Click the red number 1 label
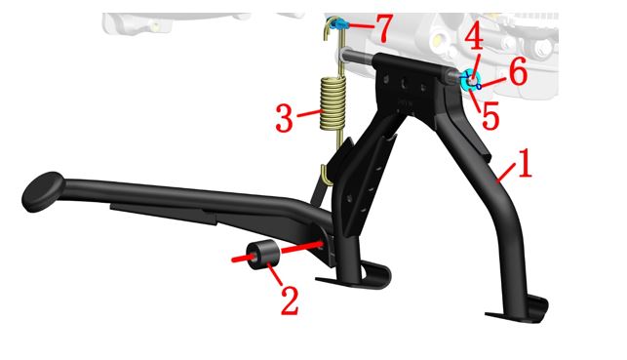click(x=526, y=163)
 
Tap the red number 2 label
click(x=290, y=300)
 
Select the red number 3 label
click(x=285, y=118)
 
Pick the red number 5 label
click(x=490, y=115)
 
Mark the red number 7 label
click(x=382, y=29)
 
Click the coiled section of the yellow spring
click(x=333, y=102)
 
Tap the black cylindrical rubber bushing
click(x=262, y=256)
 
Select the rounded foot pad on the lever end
click(x=43, y=192)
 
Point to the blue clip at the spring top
click(x=338, y=24)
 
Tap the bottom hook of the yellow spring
click(x=328, y=176)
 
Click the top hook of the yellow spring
click(x=329, y=29)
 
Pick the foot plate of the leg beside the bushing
click(x=354, y=276)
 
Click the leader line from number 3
click(x=309, y=113)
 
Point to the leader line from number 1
click(x=507, y=173)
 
